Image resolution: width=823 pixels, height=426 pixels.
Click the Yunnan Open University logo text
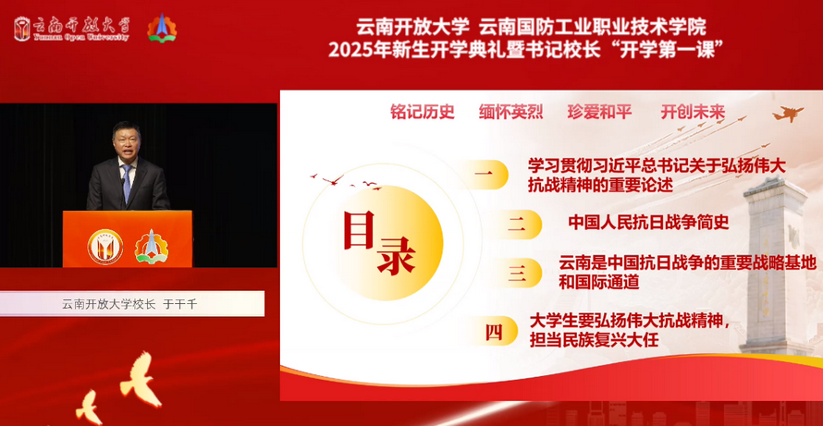[80, 29]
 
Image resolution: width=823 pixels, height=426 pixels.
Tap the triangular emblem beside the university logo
[162, 28]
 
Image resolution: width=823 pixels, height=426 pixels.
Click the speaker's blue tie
[127, 183]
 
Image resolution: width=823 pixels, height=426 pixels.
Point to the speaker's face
[126, 140]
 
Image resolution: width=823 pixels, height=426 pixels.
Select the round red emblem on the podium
[105, 247]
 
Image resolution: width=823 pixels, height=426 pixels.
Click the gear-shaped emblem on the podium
[152, 247]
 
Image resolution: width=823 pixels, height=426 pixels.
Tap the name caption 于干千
[180, 304]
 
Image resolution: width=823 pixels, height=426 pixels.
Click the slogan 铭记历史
[423, 112]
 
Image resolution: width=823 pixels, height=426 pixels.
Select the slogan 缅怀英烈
[510, 112]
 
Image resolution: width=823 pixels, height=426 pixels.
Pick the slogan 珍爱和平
[599, 112]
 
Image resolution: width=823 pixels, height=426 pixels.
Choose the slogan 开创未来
[693, 112]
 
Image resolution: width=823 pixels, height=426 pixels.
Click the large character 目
[359, 230]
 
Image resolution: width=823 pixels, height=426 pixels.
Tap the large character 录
[397, 255]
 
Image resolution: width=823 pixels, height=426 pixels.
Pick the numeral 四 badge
[493, 331]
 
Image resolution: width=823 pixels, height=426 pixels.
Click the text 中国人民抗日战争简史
[649, 223]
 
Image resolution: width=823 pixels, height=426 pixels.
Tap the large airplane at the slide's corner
[787, 114]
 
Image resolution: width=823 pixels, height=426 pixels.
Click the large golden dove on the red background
[141, 379]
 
